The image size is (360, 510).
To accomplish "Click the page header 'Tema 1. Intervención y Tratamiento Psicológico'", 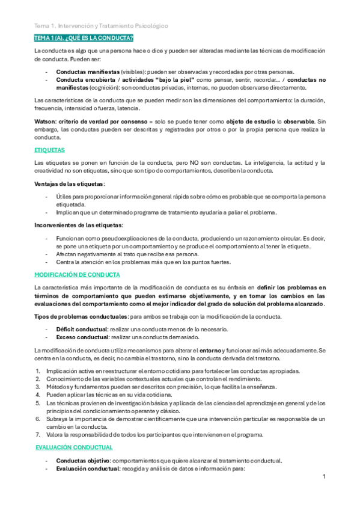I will click(x=101, y=26).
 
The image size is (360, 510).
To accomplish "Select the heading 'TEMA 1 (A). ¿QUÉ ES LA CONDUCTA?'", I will click(x=84, y=38).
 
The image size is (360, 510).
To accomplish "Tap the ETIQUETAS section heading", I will click(x=49, y=150).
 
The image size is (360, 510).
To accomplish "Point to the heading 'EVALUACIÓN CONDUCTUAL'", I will click(x=74, y=447).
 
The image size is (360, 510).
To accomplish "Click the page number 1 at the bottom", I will click(x=323, y=476).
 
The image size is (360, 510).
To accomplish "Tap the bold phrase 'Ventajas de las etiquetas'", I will click(x=69, y=183).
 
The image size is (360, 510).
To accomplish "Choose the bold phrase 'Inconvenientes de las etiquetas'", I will click(x=78, y=225).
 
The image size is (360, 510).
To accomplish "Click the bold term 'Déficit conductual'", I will click(x=82, y=330).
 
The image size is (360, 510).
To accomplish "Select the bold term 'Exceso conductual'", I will click(x=82, y=338).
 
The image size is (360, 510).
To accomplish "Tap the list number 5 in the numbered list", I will click(x=37, y=403).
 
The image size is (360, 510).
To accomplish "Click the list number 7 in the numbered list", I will click(x=37, y=434).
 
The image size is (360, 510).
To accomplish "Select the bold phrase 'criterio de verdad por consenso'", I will click(x=100, y=121).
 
